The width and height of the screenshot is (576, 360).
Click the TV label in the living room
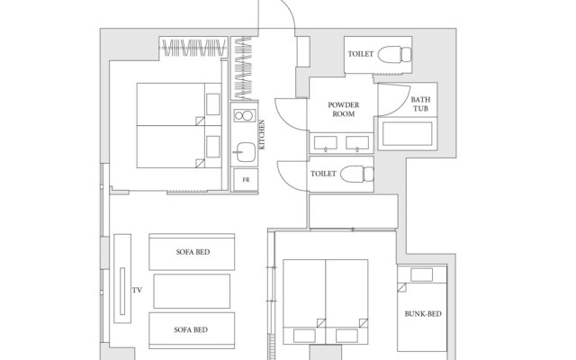pos(137,290)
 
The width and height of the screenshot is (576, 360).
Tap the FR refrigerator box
pos(246,180)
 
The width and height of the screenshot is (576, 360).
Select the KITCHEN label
pos(262,134)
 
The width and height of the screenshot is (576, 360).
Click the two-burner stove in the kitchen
pos(244,116)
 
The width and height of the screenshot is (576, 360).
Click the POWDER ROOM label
pos(344,110)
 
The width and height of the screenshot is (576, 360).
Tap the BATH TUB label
pos(420,104)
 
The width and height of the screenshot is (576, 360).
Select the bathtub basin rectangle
pos(408,134)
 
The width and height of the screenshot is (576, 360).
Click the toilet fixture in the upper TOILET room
pos(395,54)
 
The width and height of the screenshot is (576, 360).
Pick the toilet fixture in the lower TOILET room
pos(357,174)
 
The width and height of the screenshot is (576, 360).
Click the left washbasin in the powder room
pos(326,142)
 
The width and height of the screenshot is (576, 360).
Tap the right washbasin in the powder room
pos(357,142)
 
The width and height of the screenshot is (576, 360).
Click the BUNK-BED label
pos(423,314)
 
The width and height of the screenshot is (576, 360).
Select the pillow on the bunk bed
pos(421,274)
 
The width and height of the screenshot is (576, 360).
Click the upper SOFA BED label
pos(193,252)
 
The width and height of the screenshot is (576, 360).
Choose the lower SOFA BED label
pos(191,330)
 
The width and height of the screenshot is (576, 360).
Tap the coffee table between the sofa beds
pos(192,291)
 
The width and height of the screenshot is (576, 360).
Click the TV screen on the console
pos(122,292)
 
